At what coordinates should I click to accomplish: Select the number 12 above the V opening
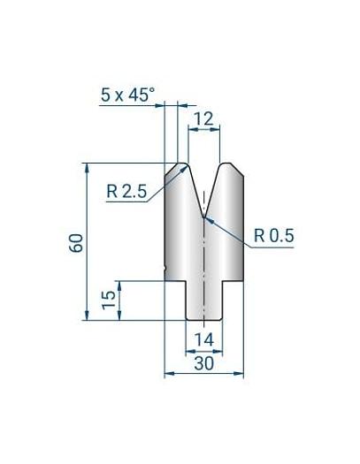pos(204,117)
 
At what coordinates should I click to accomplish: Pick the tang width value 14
pos(204,339)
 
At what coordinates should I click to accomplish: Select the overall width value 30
pos(204,362)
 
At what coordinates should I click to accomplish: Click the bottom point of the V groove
pos(204,216)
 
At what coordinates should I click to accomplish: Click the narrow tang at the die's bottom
pos(204,300)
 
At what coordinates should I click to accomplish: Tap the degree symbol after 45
pos(151,87)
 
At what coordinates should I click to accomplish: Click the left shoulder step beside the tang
pos(176,281)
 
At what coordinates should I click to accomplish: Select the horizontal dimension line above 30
pos(204,373)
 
